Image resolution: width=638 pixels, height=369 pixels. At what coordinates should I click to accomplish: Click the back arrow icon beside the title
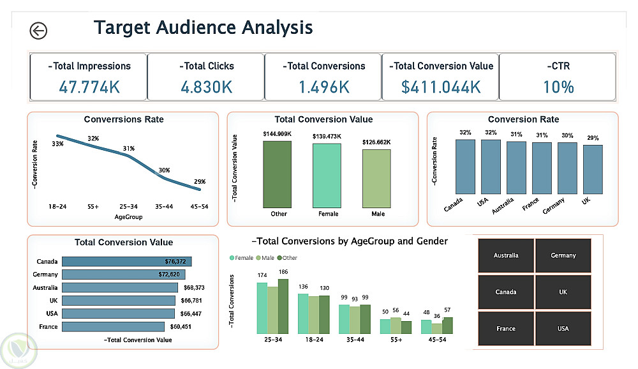point(38,31)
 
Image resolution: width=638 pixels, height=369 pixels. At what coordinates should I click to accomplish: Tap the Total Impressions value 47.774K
point(89,86)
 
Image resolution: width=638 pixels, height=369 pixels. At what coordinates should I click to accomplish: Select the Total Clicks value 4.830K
point(207,86)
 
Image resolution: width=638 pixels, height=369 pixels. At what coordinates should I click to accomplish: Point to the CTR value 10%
point(558,86)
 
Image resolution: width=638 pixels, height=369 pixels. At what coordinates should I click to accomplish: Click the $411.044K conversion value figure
point(441,86)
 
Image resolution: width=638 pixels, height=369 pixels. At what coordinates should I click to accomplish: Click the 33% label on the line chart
point(57,144)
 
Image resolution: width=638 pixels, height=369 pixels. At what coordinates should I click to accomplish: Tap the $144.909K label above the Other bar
point(276,134)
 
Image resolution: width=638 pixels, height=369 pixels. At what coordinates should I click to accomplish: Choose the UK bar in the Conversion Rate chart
point(593,169)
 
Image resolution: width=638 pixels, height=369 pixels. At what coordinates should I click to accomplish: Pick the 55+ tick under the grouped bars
point(396,340)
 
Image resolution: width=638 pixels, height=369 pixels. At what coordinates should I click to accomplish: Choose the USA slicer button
point(563,328)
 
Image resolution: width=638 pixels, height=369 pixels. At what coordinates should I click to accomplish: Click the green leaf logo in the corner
point(19,350)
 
